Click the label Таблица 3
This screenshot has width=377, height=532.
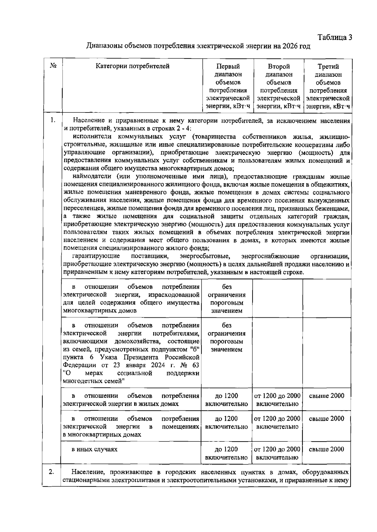335,37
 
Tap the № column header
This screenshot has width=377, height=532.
53,66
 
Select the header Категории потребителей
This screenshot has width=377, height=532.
133,66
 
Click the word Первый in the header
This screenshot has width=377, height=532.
228,66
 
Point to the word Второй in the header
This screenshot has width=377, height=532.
279,66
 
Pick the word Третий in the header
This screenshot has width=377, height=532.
328,66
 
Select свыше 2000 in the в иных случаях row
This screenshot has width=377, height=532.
327,449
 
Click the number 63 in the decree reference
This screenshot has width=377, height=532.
195,365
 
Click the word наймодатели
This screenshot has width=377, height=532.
91,176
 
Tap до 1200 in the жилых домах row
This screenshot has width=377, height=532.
226,396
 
